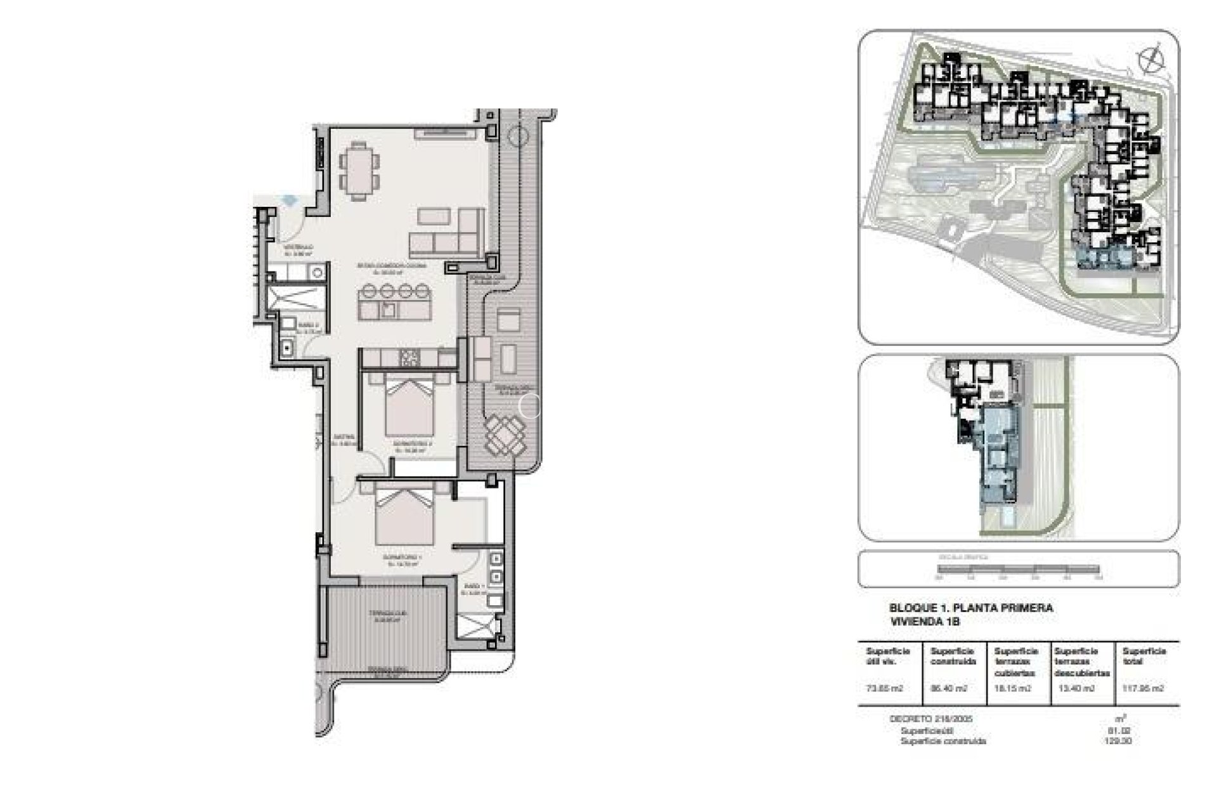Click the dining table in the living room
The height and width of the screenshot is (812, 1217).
tap(359, 170)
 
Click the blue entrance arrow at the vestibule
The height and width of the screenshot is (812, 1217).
tap(290, 199)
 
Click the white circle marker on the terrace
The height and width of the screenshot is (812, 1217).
tap(530, 406)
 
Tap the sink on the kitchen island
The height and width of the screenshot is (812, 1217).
tap(389, 309)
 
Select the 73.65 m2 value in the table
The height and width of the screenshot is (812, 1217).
tap(884, 688)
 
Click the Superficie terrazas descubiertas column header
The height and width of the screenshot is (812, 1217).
tap(1081, 662)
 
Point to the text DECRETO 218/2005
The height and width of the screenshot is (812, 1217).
tap(930, 719)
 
